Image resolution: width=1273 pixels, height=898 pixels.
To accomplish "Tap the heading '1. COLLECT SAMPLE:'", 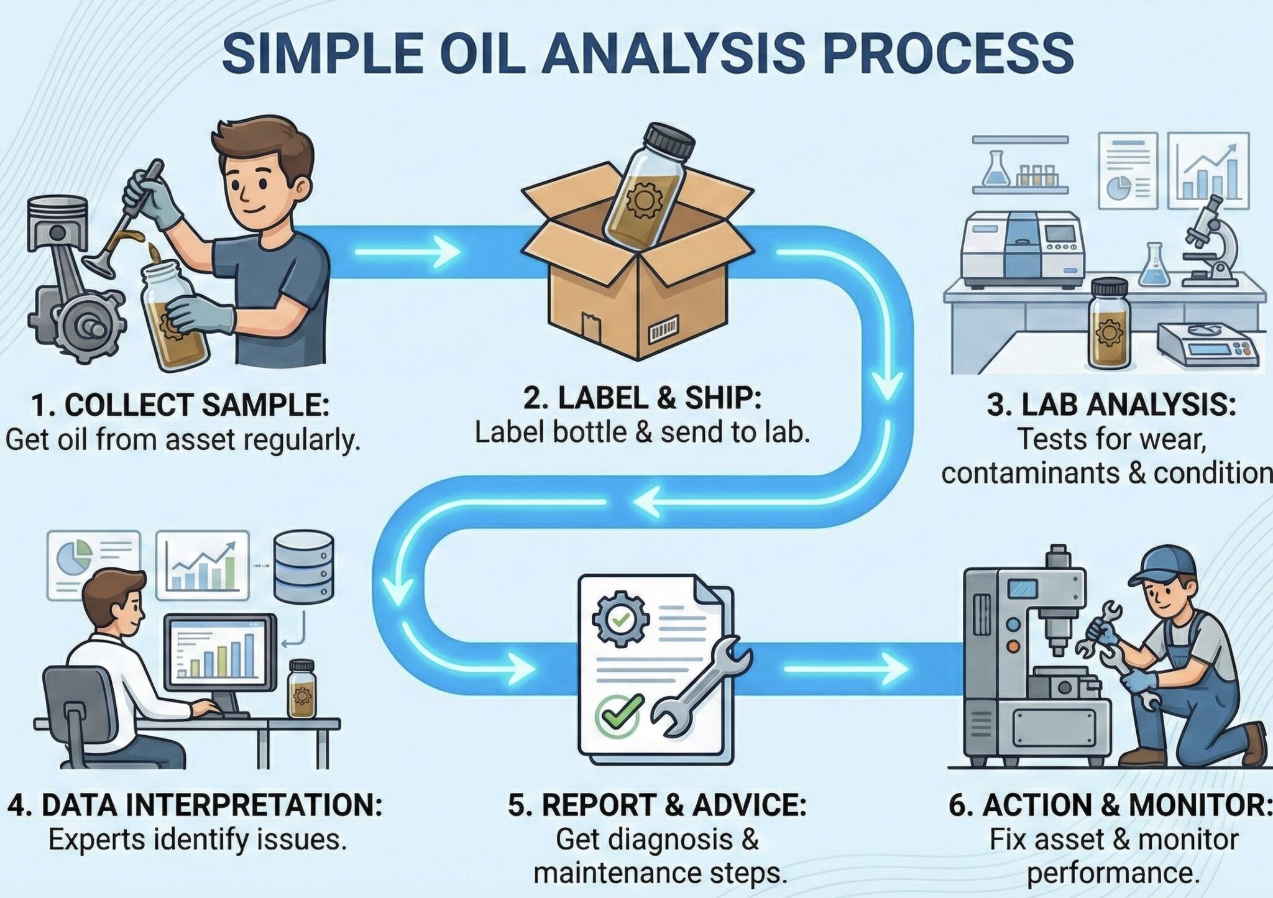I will click(180, 405).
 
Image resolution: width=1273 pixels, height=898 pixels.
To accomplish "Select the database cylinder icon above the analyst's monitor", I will click(303, 567).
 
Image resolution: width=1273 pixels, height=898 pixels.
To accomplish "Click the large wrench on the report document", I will click(699, 687).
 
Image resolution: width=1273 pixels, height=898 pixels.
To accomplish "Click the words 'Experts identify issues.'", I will click(197, 840).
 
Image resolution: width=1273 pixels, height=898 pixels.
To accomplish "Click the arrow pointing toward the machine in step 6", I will click(845, 669).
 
